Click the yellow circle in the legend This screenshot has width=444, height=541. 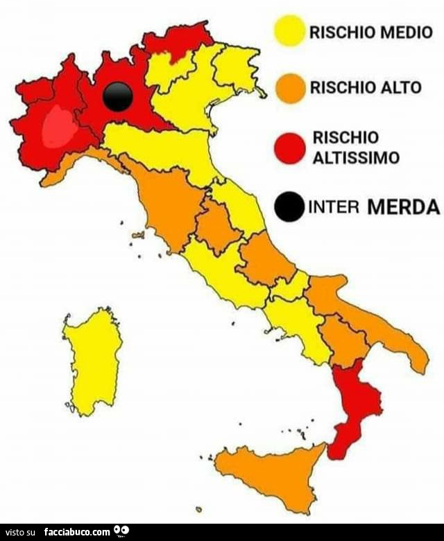289,31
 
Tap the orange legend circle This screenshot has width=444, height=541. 289,89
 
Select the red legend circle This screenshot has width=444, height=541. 289,148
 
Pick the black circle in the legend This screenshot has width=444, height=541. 289,206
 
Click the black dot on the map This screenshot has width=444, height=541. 117,96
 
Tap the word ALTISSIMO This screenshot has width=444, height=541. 356,157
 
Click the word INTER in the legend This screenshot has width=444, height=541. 331,207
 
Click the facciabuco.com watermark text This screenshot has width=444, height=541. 77,532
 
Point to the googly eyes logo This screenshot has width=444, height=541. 122,531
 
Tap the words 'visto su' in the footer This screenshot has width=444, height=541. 20,532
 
